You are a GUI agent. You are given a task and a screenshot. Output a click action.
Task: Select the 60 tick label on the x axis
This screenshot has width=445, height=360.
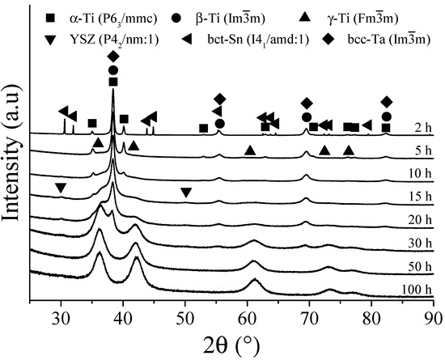tap(248, 316)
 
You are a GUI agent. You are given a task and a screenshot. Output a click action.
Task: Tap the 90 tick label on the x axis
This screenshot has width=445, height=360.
tap(434, 316)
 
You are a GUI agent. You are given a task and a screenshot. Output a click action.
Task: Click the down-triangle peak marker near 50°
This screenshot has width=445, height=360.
tap(185, 192)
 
